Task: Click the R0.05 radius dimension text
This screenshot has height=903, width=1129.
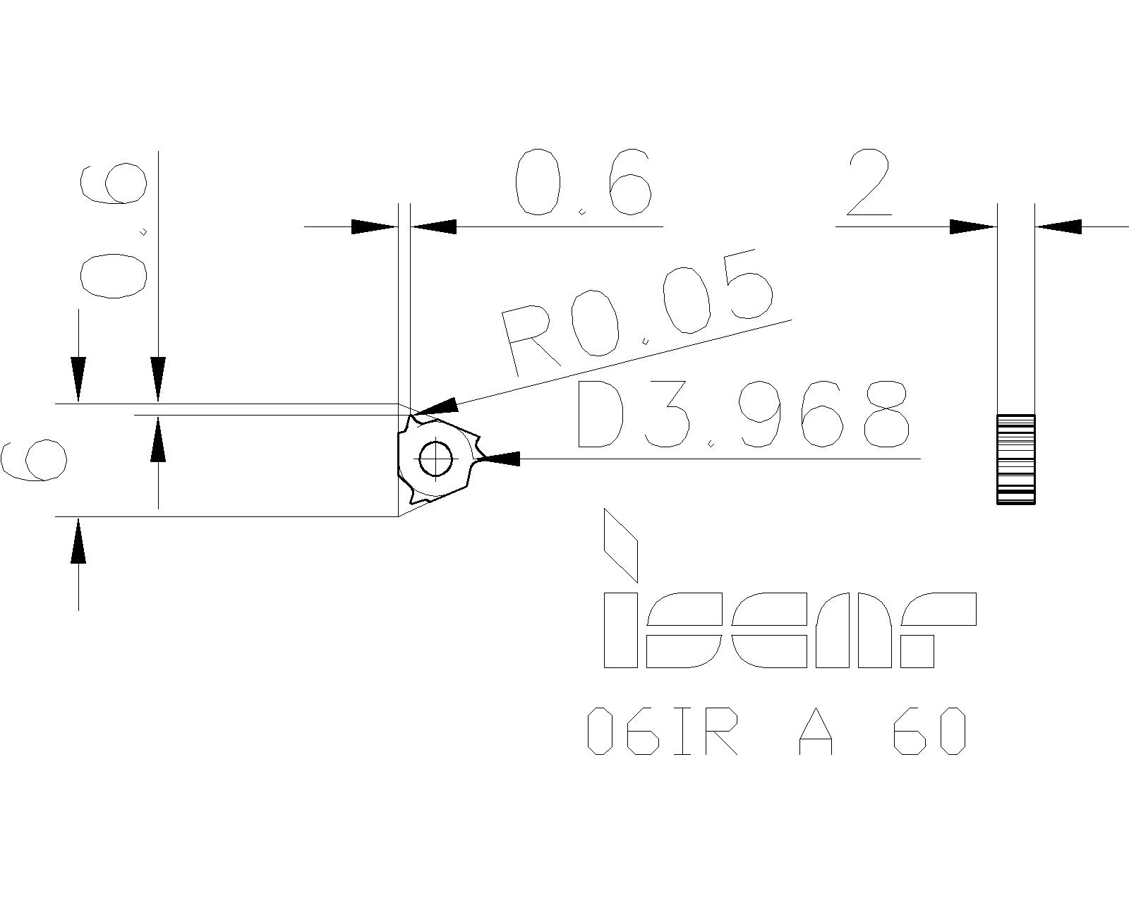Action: click(x=635, y=314)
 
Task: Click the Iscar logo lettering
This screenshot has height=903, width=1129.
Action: click(x=789, y=630)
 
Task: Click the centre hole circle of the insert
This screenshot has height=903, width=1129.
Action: click(x=435, y=459)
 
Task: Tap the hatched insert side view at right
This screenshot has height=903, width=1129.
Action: click(x=1015, y=459)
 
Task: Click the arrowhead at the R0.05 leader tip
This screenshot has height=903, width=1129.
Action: click(x=437, y=407)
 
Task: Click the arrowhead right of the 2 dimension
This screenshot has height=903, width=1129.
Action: click(x=1058, y=226)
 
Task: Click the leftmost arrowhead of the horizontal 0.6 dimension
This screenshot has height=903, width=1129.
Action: click(x=373, y=226)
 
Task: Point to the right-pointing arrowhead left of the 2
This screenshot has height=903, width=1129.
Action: click(x=972, y=226)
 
